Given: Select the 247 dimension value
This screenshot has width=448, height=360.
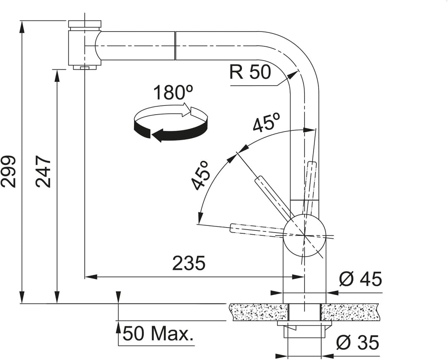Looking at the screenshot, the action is [x=43, y=171].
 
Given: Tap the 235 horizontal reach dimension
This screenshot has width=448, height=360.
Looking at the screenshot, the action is [x=189, y=263].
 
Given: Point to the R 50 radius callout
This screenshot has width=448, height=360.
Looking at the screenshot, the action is [x=250, y=72].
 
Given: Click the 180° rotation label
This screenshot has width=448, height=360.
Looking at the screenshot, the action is [x=173, y=92].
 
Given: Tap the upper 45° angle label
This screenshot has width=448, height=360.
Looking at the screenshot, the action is [x=266, y=122].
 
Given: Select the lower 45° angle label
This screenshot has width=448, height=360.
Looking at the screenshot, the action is [x=201, y=175].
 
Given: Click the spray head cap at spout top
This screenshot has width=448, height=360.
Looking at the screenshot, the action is [x=85, y=23].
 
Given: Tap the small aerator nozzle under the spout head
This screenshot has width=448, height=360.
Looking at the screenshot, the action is [x=85, y=68].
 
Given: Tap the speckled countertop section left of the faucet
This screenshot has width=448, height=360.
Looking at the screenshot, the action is [x=259, y=312].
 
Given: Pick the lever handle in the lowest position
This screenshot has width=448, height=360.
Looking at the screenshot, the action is [x=257, y=230].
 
